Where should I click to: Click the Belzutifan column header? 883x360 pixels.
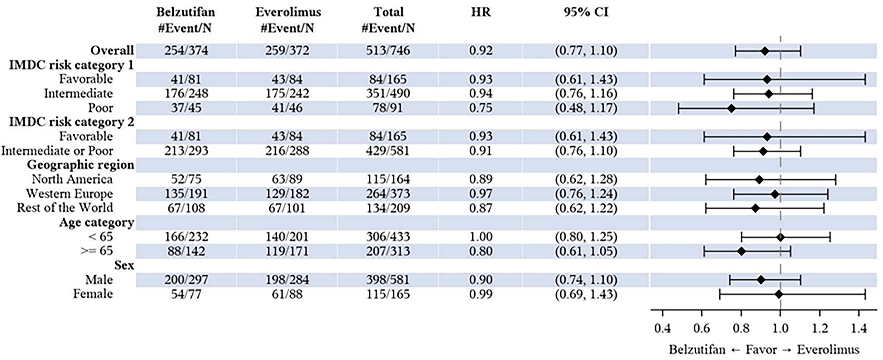(186, 12)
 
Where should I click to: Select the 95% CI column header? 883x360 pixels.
(586, 12)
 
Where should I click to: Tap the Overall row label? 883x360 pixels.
(112, 50)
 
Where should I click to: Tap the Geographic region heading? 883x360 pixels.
(80, 165)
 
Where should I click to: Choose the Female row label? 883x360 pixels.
(93, 294)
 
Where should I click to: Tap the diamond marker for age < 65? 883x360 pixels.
(780, 237)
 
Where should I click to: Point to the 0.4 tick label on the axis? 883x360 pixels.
(662, 328)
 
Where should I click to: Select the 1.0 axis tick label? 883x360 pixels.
(780, 328)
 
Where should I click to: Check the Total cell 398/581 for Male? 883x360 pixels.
(388, 280)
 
